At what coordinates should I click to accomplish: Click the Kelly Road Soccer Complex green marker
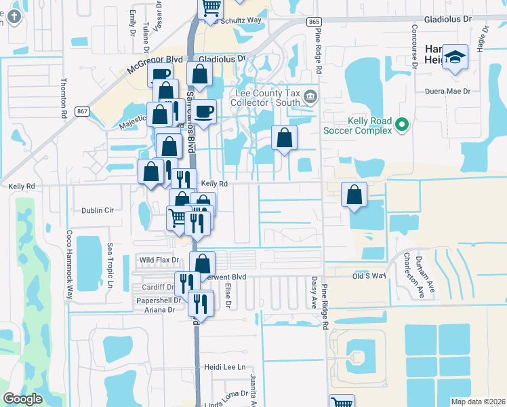(x=402, y=124)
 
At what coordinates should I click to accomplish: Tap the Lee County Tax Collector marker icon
(x=311, y=96)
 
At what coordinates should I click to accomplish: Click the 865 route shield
(x=313, y=22)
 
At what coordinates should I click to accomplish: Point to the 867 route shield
(x=83, y=111)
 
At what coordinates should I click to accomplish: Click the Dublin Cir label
(x=97, y=210)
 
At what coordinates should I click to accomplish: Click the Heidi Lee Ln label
(x=223, y=367)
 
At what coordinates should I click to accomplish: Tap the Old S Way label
(x=369, y=276)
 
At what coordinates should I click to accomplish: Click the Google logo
(x=23, y=399)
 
